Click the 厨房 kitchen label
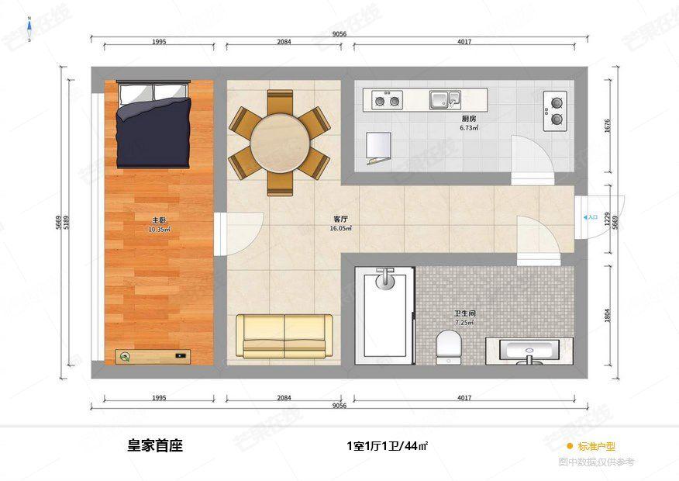468,119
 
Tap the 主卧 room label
158,220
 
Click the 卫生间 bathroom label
464,313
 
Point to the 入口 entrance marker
591,218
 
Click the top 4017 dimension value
464,41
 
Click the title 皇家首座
155,446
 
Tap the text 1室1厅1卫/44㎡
387,446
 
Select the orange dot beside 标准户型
570,446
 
